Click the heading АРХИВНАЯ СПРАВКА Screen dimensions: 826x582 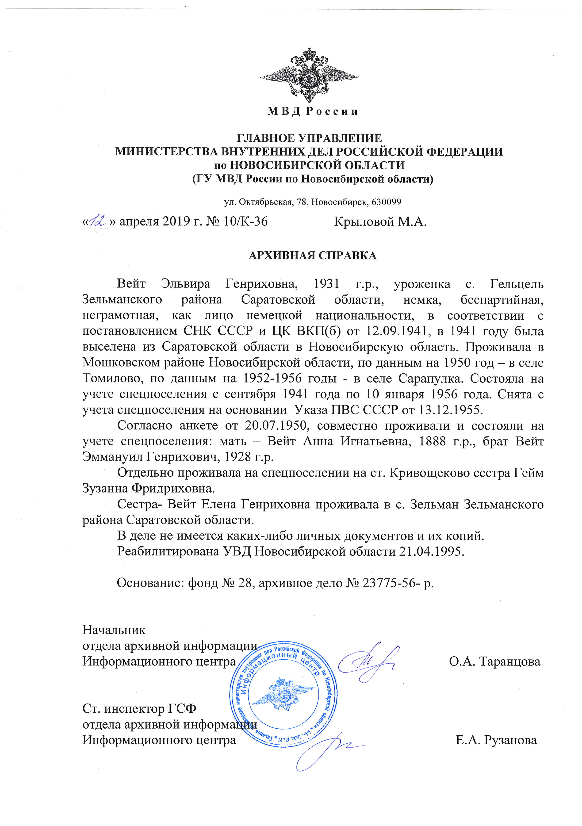(x=313, y=256)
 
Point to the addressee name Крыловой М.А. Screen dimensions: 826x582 (x=380, y=222)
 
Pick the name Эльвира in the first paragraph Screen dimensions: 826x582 (x=185, y=284)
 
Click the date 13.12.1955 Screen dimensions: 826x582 (x=449, y=410)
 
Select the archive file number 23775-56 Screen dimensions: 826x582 (x=387, y=583)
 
